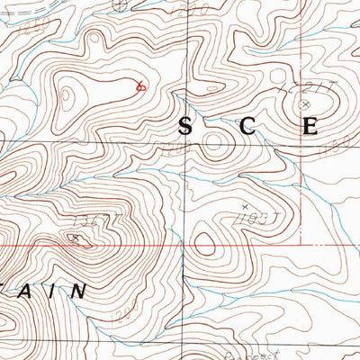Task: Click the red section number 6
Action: [x=139, y=87]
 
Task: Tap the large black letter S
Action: [x=184, y=127]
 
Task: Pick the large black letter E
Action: [x=310, y=127]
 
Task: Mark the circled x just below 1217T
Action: [x=305, y=104]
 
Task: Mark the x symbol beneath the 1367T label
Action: [x=76, y=238]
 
